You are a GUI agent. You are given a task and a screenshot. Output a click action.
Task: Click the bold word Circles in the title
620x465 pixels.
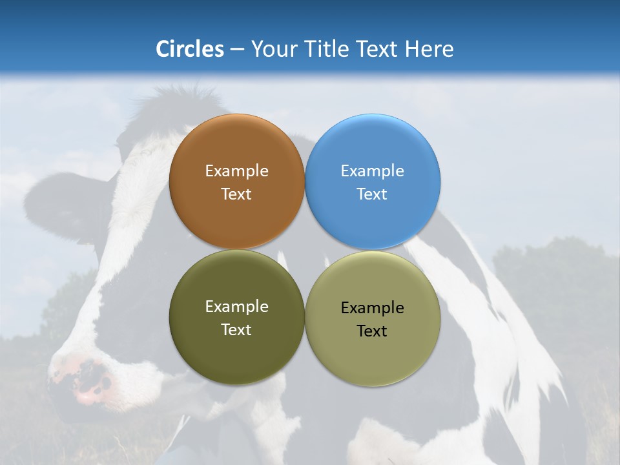pos(189,49)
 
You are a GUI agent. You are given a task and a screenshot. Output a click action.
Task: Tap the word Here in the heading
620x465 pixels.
pos(429,49)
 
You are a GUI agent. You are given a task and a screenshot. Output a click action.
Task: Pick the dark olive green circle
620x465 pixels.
pos(236,352)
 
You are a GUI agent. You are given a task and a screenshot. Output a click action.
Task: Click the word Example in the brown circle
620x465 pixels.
pos(236,171)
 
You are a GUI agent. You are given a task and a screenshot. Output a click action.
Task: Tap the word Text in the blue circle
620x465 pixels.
pos(372,194)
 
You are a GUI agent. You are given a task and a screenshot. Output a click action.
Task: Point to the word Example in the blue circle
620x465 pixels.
pos(372,171)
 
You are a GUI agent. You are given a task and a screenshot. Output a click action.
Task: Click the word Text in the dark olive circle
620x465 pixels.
pos(236,330)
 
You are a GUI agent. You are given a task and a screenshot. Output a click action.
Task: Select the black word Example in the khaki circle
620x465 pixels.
pos(372,308)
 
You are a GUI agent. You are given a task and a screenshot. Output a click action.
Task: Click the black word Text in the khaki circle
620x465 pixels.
pos(372,331)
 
